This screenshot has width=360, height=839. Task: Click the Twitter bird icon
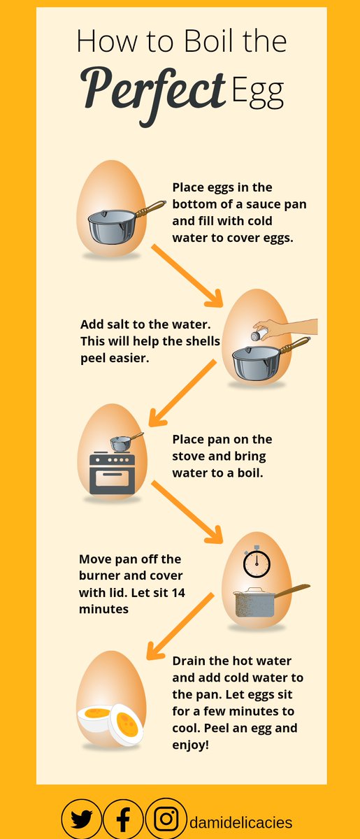tap(81, 819)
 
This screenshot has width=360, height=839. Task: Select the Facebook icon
tap(123, 819)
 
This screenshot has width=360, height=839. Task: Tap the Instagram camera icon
tap(166, 819)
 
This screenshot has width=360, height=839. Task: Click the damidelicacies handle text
tap(240, 822)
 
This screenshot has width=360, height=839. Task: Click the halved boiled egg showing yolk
tap(125, 723)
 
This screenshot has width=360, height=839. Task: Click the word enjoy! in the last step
tap(190, 745)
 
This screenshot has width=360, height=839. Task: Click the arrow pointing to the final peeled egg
tap(178, 626)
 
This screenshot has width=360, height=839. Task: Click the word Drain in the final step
tap(189, 661)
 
